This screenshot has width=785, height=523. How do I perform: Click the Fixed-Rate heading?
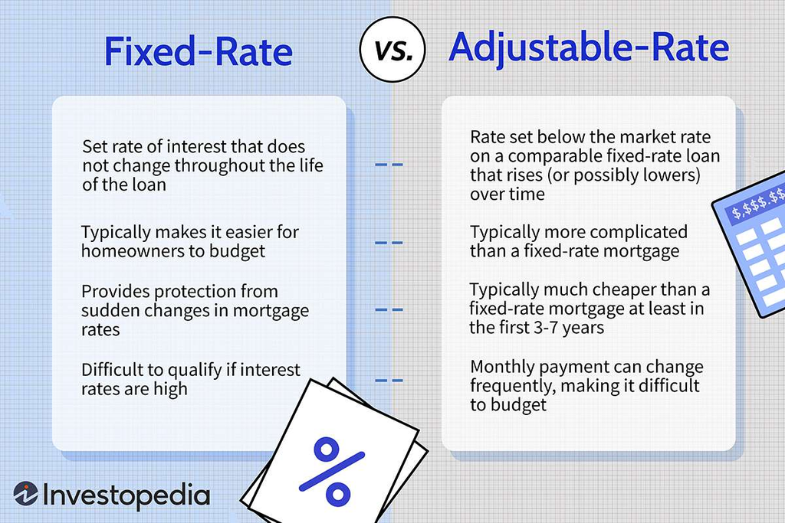coord(199,51)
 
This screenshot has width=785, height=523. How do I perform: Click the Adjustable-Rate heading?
coord(589,48)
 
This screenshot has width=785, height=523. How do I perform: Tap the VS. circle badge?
coord(392,50)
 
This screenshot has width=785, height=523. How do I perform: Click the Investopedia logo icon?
coord(25,494)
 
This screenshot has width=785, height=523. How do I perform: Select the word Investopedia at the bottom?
coord(126,495)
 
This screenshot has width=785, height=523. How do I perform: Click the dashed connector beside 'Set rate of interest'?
coord(389,165)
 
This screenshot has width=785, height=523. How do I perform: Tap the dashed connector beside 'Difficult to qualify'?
coord(389,381)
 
